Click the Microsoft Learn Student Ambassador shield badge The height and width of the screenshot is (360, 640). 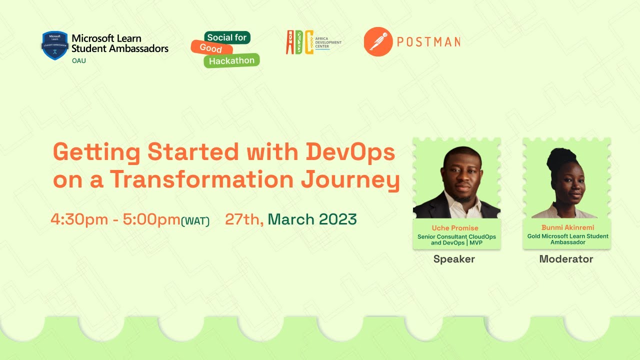pos(54,45)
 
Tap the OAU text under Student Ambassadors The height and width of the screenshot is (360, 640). pos(79,60)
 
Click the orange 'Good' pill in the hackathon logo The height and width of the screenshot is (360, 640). pos(211,48)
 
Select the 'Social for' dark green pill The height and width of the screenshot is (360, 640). pos(227,37)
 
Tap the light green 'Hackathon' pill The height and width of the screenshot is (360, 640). pos(231,60)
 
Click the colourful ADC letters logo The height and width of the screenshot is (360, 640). pos(299,42)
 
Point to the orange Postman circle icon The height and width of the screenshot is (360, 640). pos(378,41)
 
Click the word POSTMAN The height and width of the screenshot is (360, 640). pos(428,42)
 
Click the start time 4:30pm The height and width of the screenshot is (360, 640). pos(79,219)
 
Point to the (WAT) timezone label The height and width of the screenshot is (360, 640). pos(195,221)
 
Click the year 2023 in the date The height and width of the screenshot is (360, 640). pos(337,219)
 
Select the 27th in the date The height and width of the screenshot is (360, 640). pos(243,219)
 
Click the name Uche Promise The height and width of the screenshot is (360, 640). pos(455,228)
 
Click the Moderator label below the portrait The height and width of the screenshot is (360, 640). pos(566,259)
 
